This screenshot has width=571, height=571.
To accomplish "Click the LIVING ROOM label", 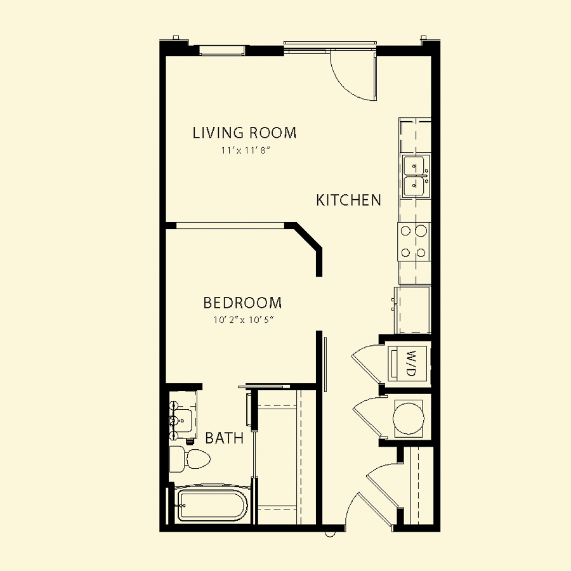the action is coord(244,133).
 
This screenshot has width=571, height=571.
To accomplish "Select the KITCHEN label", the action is coord(348,200).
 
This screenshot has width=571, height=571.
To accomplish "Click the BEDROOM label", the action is coord(242,303).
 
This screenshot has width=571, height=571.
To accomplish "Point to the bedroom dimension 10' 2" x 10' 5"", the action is coord(244,320).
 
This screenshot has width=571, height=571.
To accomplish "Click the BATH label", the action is coord(225,438).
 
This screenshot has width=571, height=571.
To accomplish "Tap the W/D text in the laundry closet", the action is coord(410,363).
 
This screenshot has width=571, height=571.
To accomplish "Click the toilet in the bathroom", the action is coord(190,459).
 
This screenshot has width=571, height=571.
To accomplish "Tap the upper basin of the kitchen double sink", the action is coord(414,166).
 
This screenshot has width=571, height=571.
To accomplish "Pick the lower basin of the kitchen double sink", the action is coord(414,187).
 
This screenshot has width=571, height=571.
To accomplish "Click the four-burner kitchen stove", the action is coord(414,242).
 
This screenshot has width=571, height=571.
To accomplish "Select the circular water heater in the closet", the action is coord(409,418).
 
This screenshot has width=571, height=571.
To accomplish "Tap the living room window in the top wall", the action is coord(222,51).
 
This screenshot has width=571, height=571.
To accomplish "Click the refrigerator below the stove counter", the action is coord(412,310).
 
